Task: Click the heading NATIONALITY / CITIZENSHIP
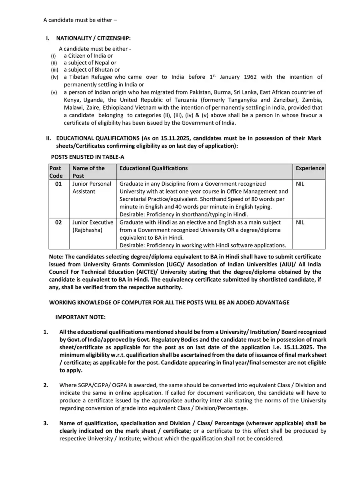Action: point(93,38)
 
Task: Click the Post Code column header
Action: point(56,172)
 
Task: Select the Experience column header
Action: point(310,168)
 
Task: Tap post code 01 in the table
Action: point(58,184)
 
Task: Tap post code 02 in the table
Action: point(58,222)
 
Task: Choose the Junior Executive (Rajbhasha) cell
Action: point(92,226)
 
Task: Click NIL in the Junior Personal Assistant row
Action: point(300,184)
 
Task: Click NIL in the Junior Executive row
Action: point(300,222)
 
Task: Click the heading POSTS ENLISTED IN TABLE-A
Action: point(88,157)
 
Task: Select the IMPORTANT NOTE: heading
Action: point(80,317)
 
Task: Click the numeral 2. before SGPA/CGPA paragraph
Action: point(46,385)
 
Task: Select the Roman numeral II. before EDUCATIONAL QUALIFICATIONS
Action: point(48,138)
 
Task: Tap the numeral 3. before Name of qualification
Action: point(46,423)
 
